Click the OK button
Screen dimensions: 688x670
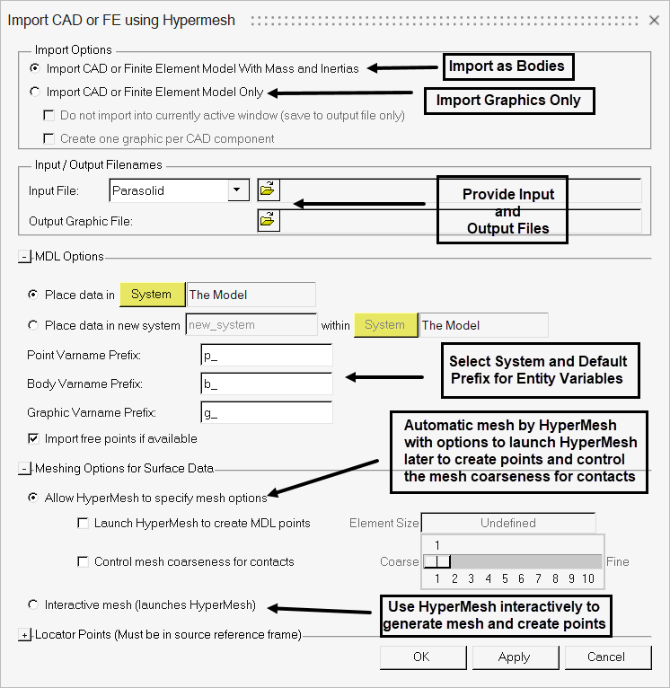click(421, 657)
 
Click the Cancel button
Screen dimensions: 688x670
click(605, 657)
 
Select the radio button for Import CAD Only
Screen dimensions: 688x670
click(35, 92)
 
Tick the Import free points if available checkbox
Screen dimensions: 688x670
click(35, 438)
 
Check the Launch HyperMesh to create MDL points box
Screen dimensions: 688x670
click(84, 523)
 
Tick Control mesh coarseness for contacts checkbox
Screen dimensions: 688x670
click(84, 561)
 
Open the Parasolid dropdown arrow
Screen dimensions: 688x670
click(238, 190)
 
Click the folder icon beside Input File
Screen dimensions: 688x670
click(269, 190)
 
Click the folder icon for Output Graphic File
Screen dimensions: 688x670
click(269, 220)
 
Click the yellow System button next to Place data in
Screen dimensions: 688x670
click(151, 295)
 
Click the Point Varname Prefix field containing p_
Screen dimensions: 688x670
click(267, 356)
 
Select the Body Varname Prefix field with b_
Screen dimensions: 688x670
click(267, 384)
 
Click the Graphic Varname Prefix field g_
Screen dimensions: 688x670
click(267, 412)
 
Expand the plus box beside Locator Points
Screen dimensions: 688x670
click(24, 635)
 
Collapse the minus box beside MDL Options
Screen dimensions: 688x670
click(24, 257)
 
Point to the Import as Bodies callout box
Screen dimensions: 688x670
click(507, 66)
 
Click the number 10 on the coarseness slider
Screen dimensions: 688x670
click(588, 579)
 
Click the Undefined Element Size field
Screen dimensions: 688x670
click(507, 523)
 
